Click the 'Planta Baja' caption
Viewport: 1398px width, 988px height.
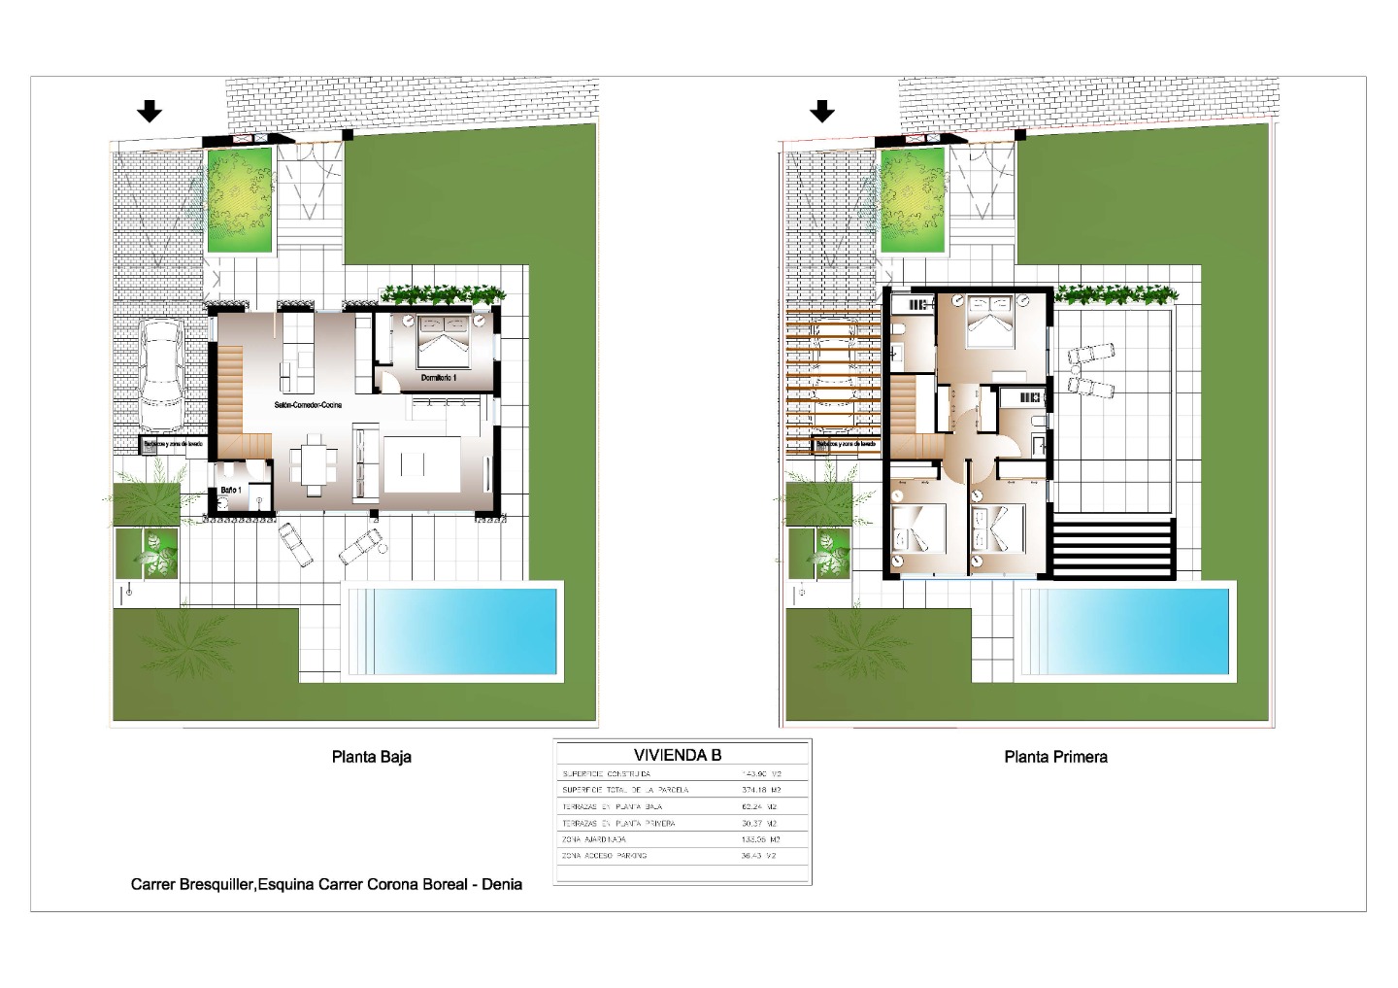click(x=371, y=757)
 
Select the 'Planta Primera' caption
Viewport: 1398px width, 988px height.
click(x=1055, y=757)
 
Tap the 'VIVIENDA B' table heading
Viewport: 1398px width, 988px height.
click(x=678, y=755)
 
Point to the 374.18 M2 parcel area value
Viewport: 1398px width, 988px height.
click(x=760, y=790)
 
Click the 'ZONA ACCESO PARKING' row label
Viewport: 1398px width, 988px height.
click(x=604, y=856)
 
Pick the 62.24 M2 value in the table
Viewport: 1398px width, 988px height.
click(x=760, y=806)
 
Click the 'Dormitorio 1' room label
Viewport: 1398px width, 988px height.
click(x=438, y=377)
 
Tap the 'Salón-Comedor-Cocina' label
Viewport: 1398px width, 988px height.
click(x=308, y=405)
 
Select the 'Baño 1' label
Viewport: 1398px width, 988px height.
click(x=230, y=490)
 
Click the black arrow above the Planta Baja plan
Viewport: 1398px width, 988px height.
click(x=149, y=112)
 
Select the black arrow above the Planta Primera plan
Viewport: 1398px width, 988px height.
click(x=822, y=112)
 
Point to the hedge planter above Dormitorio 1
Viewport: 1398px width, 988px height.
click(x=443, y=293)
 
